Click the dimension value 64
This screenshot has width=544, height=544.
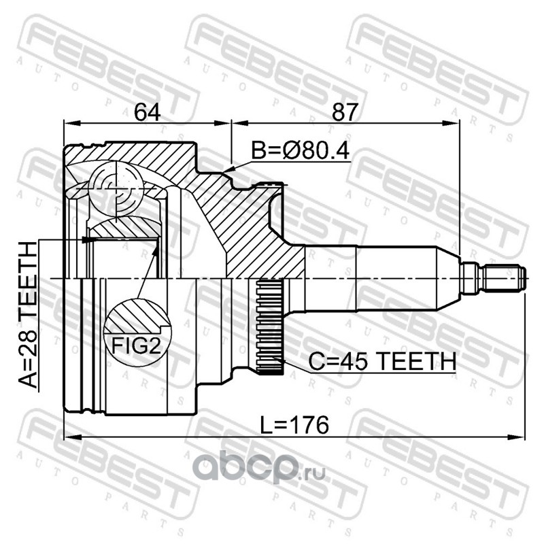click(147, 112)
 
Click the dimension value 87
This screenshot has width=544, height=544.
click(345, 112)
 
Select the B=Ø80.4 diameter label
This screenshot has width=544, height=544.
click(300, 151)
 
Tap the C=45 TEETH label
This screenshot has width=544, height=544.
click(382, 361)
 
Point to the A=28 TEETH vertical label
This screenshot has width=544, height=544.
click(28, 315)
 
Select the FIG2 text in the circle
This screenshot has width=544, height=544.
click(137, 345)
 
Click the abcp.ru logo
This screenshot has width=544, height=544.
click(259, 466)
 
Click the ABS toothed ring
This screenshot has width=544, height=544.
click(269, 328)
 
